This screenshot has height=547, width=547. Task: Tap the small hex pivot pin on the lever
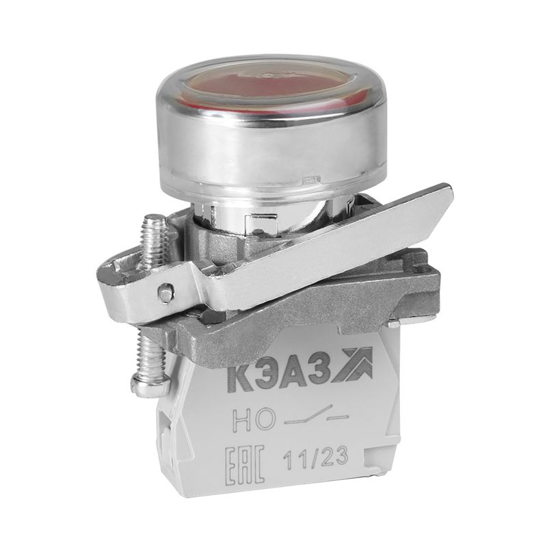pos(165,294)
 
